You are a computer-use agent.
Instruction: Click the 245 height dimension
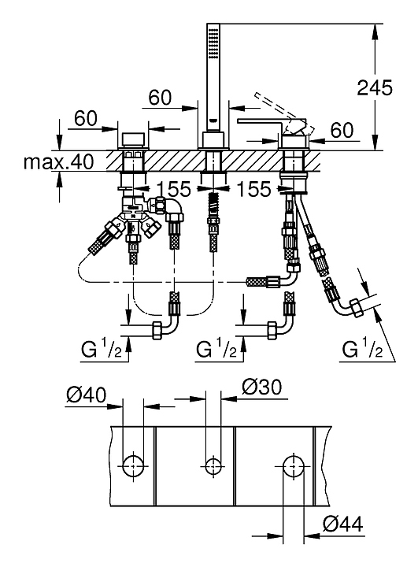coord(375,88)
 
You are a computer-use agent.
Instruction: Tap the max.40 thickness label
coord(58,161)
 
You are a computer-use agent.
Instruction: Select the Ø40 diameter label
coord(87,395)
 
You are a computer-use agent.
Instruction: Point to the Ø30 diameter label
coord(262,387)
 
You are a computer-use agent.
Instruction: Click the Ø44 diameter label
coord(342,523)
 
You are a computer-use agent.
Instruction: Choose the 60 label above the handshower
coord(160,98)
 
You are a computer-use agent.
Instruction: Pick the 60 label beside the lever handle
coord(342,130)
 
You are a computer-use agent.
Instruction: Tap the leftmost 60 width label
coord(86,118)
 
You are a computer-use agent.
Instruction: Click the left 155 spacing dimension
coord(173,189)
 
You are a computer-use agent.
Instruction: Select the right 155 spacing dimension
coord(253,189)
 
